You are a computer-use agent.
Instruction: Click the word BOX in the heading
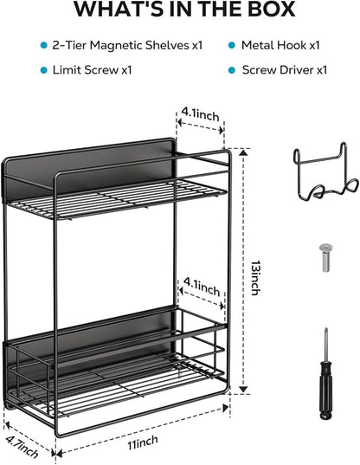click(x=272, y=9)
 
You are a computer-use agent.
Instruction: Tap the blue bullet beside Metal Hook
click(x=232, y=45)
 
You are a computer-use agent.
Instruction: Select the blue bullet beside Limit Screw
click(x=44, y=70)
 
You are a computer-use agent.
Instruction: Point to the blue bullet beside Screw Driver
click(x=232, y=70)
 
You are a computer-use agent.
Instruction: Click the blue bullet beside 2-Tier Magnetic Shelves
click(x=44, y=45)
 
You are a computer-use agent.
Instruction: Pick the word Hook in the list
click(x=292, y=45)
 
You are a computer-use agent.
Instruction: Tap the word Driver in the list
click(x=297, y=70)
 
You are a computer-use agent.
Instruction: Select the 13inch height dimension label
click(x=255, y=278)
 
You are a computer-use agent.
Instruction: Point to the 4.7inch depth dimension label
click(x=22, y=446)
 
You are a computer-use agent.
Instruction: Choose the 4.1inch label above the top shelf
click(x=200, y=114)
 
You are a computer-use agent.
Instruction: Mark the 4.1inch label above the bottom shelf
click(x=202, y=287)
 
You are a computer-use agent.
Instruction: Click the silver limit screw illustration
click(x=326, y=257)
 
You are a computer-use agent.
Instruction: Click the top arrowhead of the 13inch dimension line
click(x=243, y=153)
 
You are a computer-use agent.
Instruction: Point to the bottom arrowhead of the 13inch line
click(x=243, y=389)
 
